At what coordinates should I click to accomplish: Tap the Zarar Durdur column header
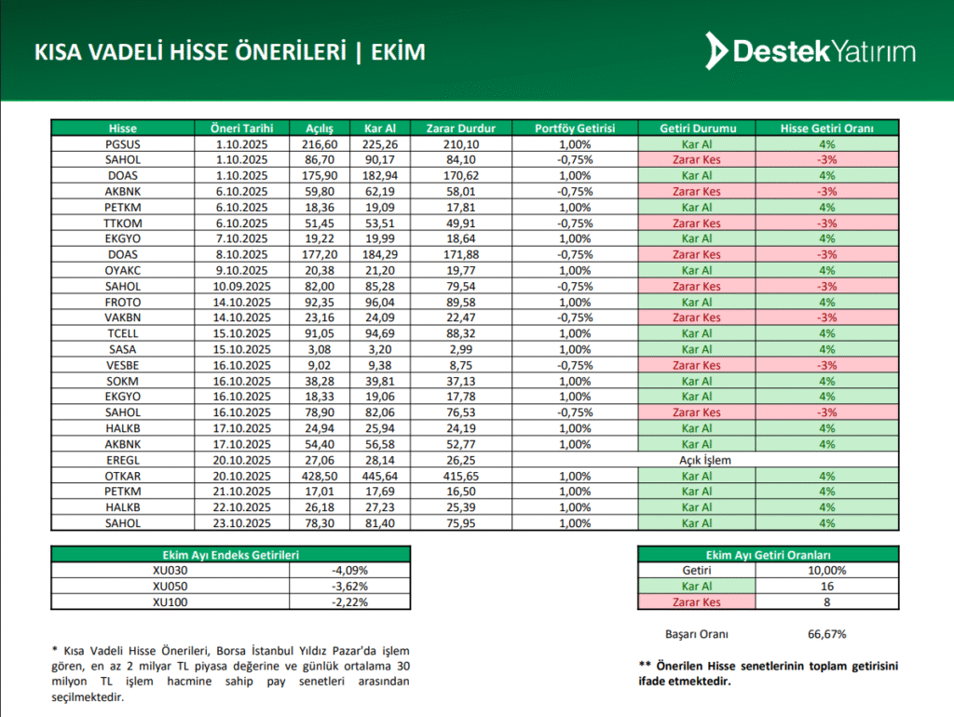(x=460, y=129)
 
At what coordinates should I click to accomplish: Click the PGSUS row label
(x=122, y=144)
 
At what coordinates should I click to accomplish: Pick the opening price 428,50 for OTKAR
(x=326, y=476)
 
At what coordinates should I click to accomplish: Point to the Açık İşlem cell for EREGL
(x=697, y=460)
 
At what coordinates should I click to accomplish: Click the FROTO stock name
(x=122, y=303)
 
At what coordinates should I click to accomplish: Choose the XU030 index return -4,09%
(x=349, y=570)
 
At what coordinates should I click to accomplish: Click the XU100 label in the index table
(x=169, y=602)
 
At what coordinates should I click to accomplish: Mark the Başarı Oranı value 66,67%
(x=826, y=634)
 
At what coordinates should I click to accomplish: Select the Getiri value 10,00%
(x=826, y=570)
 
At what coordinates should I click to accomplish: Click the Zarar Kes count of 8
(x=826, y=602)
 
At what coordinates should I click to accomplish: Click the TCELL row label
(x=122, y=333)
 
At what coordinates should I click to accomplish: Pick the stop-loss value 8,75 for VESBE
(x=460, y=365)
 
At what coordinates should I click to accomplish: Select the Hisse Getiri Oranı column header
(x=826, y=129)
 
